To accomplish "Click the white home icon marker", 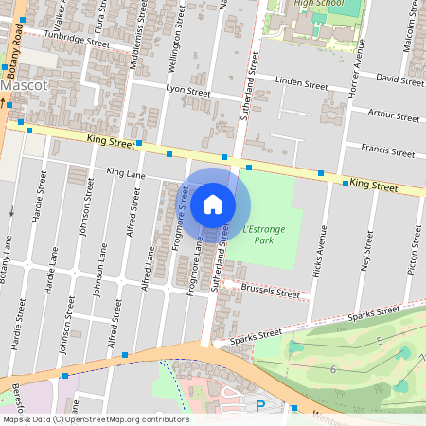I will tap(213, 204).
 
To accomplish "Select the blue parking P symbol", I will tap(260, 405).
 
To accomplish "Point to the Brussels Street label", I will tap(270, 290).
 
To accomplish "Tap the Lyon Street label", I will tap(187, 91).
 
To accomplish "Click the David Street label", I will tap(399, 78).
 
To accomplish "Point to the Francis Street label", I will tap(389, 151).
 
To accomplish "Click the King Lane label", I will tap(126, 173).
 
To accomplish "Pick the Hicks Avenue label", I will tap(322, 254).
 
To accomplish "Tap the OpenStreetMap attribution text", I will tap(95, 418).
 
